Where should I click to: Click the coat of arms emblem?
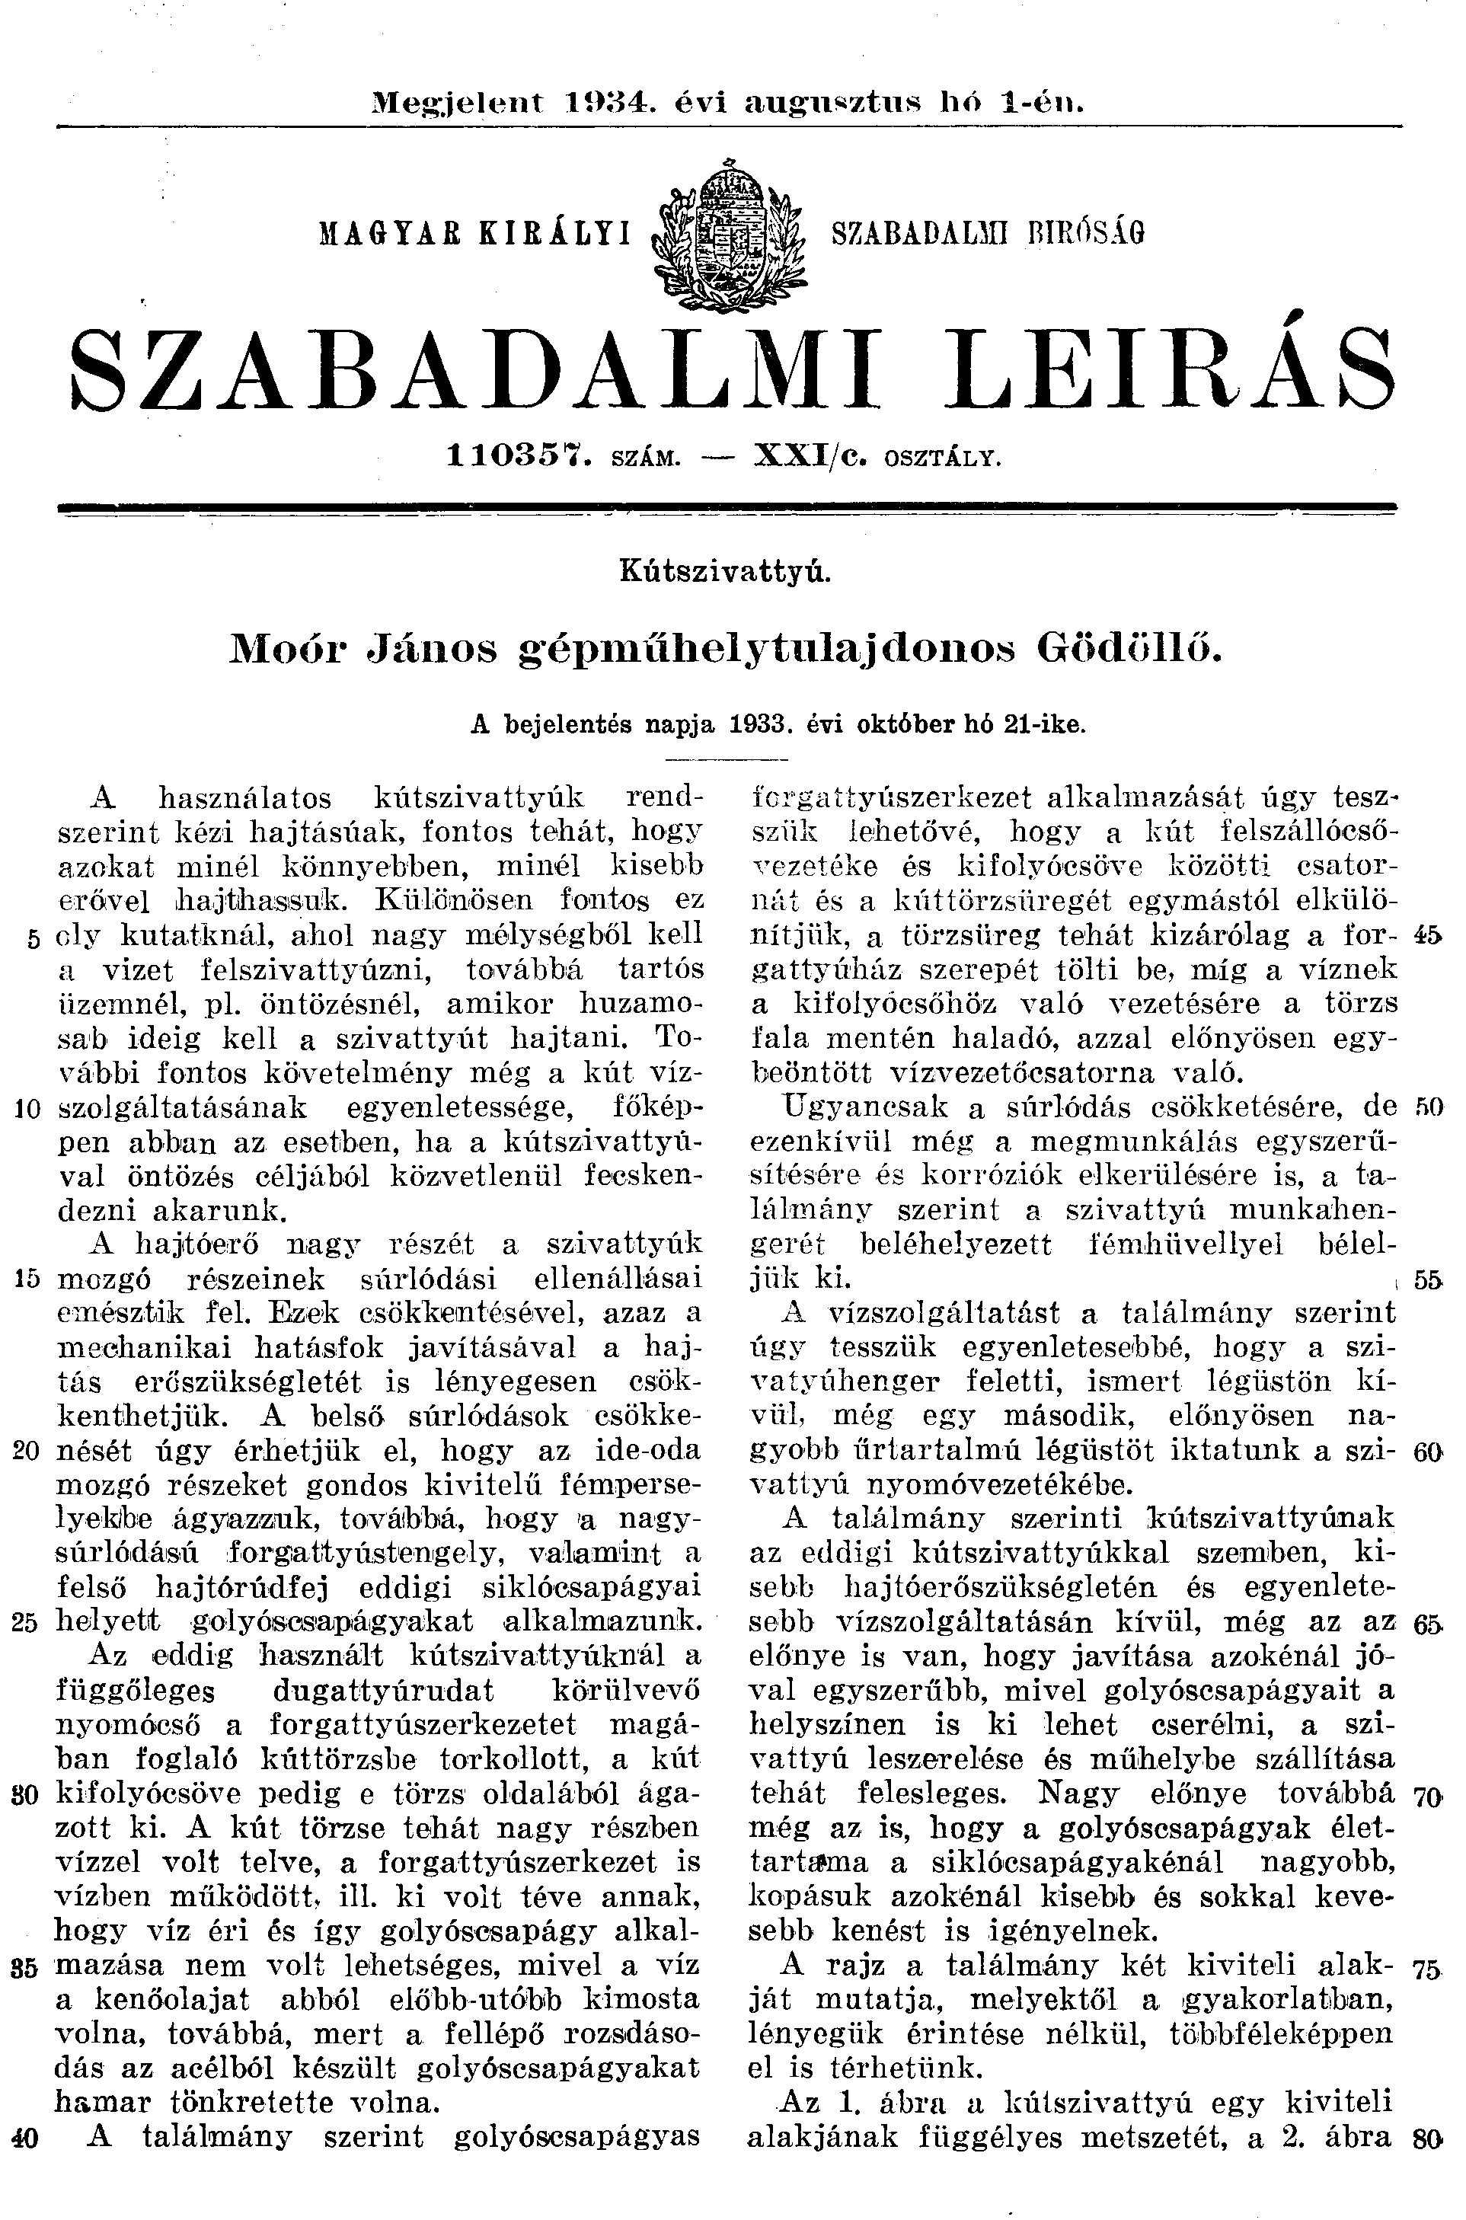(731, 230)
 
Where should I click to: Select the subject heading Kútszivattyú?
(726, 572)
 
